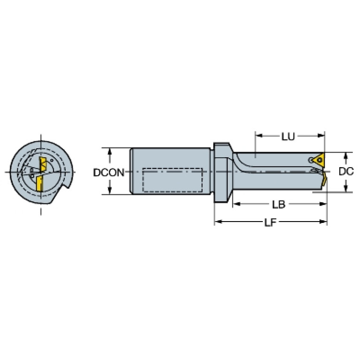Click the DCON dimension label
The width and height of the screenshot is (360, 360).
[x=108, y=173]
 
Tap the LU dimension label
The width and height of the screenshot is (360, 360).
[x=288, y=137]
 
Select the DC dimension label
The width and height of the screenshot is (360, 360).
[x=346, y=171]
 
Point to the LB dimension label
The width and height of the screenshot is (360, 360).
[x=278, y=204]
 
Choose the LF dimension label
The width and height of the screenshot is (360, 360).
[x=270, y=222]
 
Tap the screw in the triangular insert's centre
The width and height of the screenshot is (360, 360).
[x=319, y=159]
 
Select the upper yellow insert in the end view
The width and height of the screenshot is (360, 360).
[x=43, y=165]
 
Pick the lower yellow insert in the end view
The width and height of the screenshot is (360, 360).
[x=39, y=183]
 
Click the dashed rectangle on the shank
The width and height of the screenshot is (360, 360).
[x=172, y=180]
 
